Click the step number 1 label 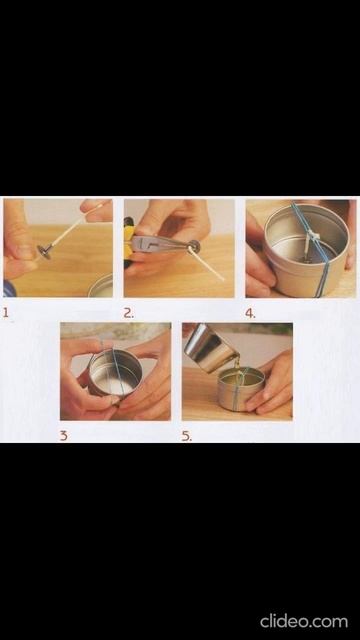6,313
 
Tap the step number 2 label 129,313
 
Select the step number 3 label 63,436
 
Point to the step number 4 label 250,313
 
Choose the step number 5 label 186,436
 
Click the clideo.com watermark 304,622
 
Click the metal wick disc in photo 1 42,249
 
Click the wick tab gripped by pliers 194,246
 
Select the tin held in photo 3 115,374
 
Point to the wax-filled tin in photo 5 240,388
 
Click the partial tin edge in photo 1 101,286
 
